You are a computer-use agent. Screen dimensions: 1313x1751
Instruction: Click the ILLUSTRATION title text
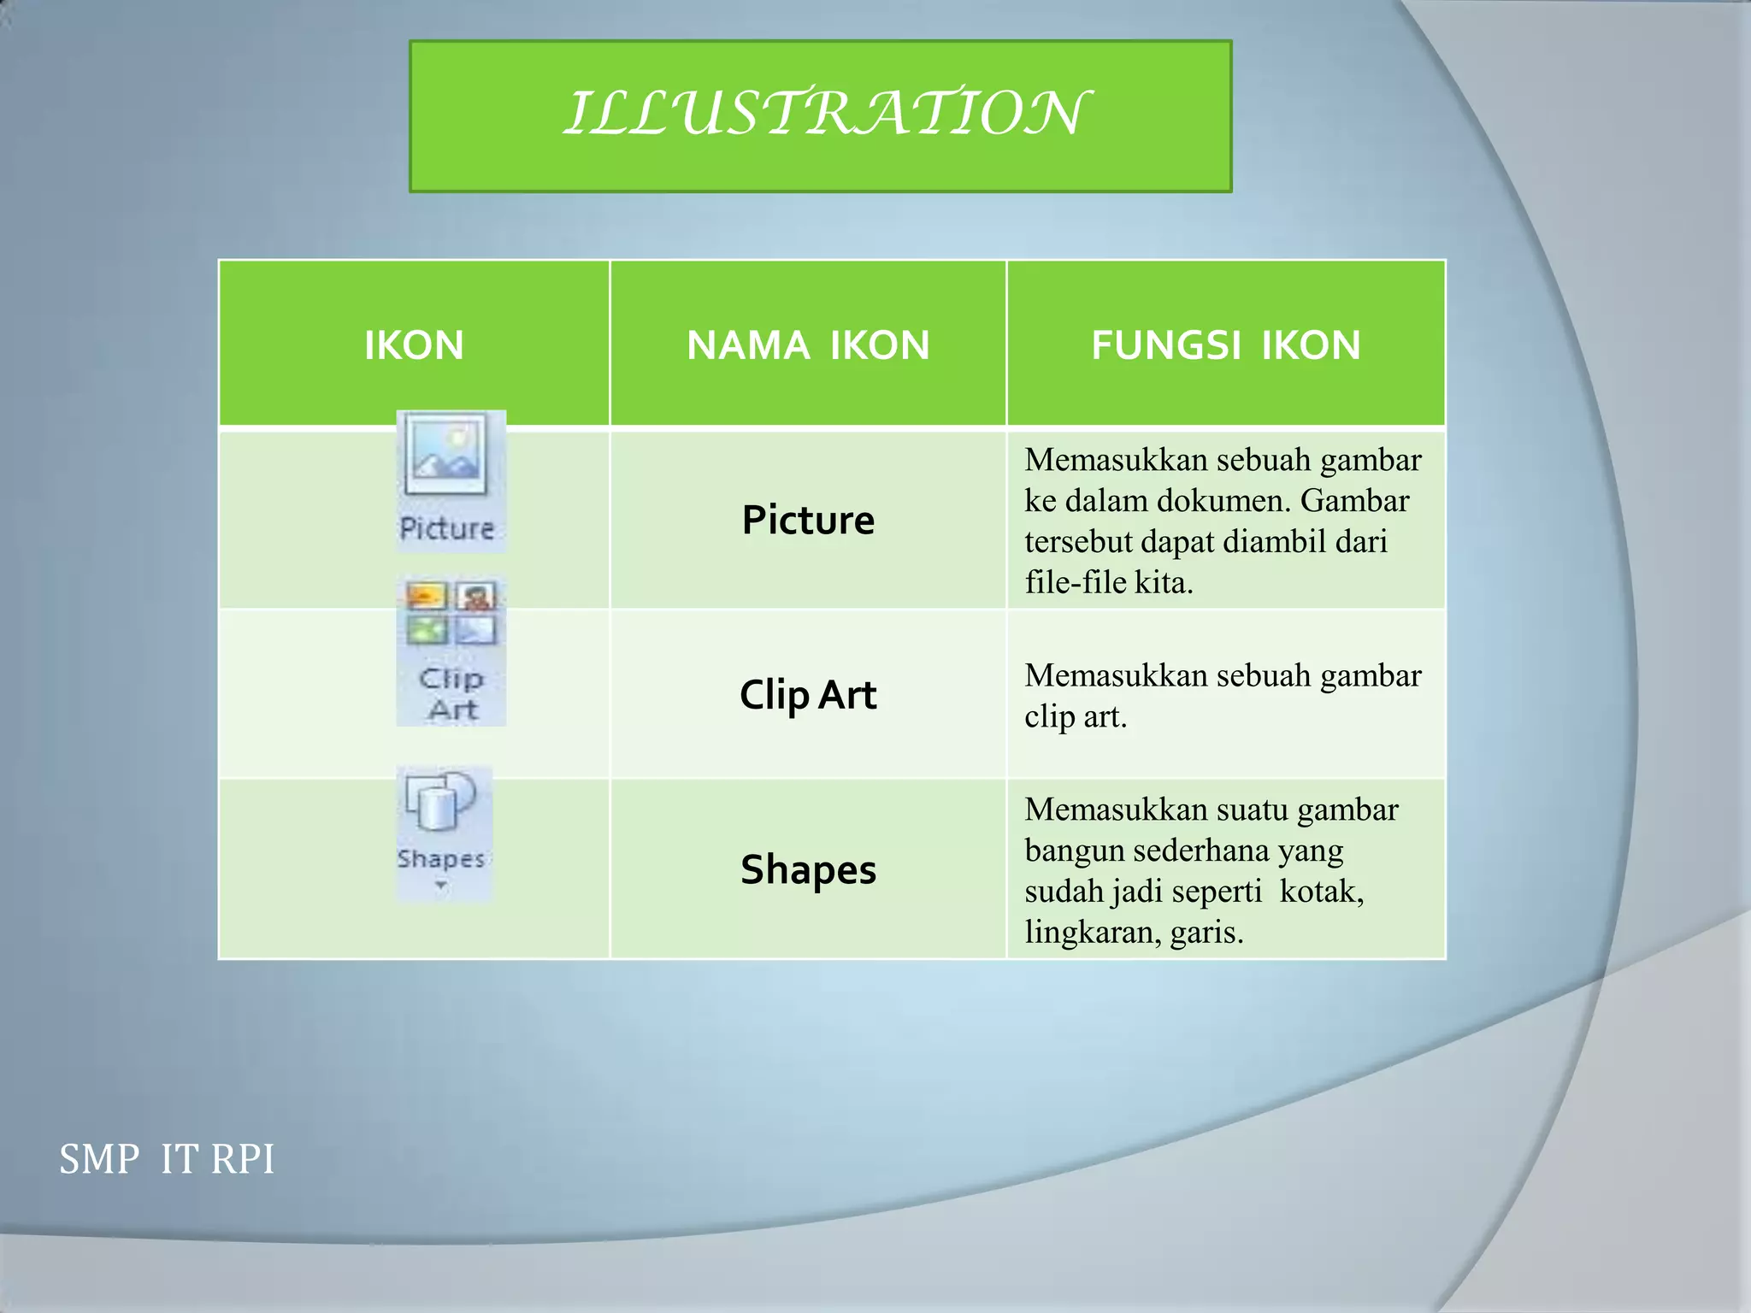(824, 114)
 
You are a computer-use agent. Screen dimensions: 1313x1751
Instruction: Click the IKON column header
(414, 345)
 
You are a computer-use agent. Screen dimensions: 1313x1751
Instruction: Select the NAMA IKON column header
(808, 345)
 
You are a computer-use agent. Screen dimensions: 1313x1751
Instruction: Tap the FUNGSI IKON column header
(1225, 345)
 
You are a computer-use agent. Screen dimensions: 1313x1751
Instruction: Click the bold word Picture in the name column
(808, 520)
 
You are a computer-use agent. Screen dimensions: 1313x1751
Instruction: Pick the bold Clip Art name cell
(808, 694)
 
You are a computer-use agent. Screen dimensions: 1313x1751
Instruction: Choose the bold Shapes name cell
(808, 869)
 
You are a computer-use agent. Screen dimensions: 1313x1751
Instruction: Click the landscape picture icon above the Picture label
(446, 454)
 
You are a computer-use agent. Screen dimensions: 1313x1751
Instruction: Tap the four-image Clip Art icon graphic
(451, 613)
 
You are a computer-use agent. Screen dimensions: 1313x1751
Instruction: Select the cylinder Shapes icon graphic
(439, 802)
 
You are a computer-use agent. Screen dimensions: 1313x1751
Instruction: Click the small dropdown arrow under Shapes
(441, 886)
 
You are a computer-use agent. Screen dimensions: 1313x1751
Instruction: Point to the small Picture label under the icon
(447, 528)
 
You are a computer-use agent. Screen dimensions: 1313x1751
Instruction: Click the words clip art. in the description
(1076, 716)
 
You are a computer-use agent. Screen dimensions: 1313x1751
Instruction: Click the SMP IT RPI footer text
(167, 1160)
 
